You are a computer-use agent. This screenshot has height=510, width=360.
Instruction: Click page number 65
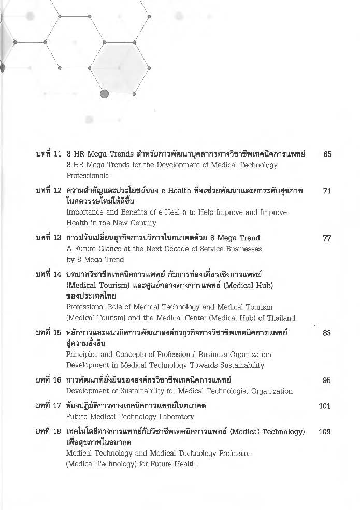(x=327, y=154)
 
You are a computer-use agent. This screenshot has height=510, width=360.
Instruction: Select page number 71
(x=327, y=191)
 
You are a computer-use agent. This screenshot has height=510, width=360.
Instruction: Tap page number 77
(x=327, y=238)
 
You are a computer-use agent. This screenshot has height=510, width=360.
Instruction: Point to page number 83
(x=327, y=333)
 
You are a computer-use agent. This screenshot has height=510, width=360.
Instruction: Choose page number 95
(x=327, y=380)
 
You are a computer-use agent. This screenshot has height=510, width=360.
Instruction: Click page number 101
(x=325, y=406)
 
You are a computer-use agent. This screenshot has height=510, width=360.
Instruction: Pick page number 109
(x=325, y=431)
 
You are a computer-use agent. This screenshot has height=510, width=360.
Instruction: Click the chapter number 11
(x=57, y=154)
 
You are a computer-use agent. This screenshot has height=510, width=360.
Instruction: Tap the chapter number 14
(x=57, y=274)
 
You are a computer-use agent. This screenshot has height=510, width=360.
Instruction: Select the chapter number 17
(x=57, y=406)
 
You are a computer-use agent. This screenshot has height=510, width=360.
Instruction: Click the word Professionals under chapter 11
(x=88, y=176)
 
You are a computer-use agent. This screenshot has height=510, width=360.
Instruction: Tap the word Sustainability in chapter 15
(x=240, y=365)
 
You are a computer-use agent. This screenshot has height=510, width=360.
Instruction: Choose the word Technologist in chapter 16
(x=220, y=391)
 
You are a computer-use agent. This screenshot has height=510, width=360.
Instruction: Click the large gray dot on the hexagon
(x=104, y=94)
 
